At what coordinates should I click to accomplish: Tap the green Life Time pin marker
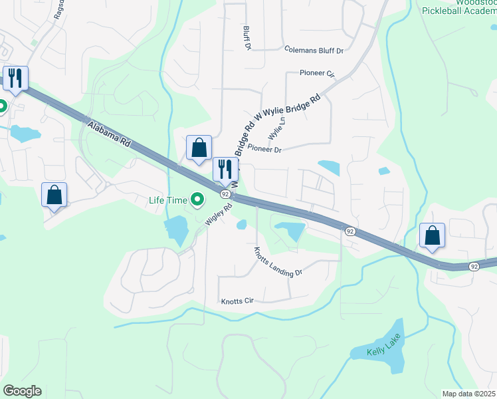pyautogui.click(x=197, y=199)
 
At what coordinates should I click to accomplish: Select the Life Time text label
pyautogui.click(x=168, y=199)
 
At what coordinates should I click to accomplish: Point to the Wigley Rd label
pyautogui.click(x=218, y=214)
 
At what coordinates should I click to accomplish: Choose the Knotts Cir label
pyautogui.click(x=239, y=301)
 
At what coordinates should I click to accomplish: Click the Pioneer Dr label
pyautogui.click(x=264, y=150)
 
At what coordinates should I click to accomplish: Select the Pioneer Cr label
pyautogui.click(x=317, y=73)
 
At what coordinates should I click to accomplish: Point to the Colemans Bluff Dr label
pyautogui.click(x=313, y=50)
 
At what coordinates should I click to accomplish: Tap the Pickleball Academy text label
pyautogui.click(x=458, y=11)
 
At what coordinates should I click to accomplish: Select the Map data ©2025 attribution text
pyautogui.click(x=469, y=394)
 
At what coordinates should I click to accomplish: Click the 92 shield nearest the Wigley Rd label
pyautogui.click(x=226, y=194)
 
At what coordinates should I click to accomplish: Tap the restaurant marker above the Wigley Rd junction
pyautogui.click(x=224, y=169)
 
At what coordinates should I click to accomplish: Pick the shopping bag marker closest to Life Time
pyautogui.click(x=199, y=148)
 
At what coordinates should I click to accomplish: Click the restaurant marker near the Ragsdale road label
pyautogui.click(x=14, y=78)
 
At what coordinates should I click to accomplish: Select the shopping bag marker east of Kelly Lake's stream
pyautogui.click(x=432, y=235)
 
